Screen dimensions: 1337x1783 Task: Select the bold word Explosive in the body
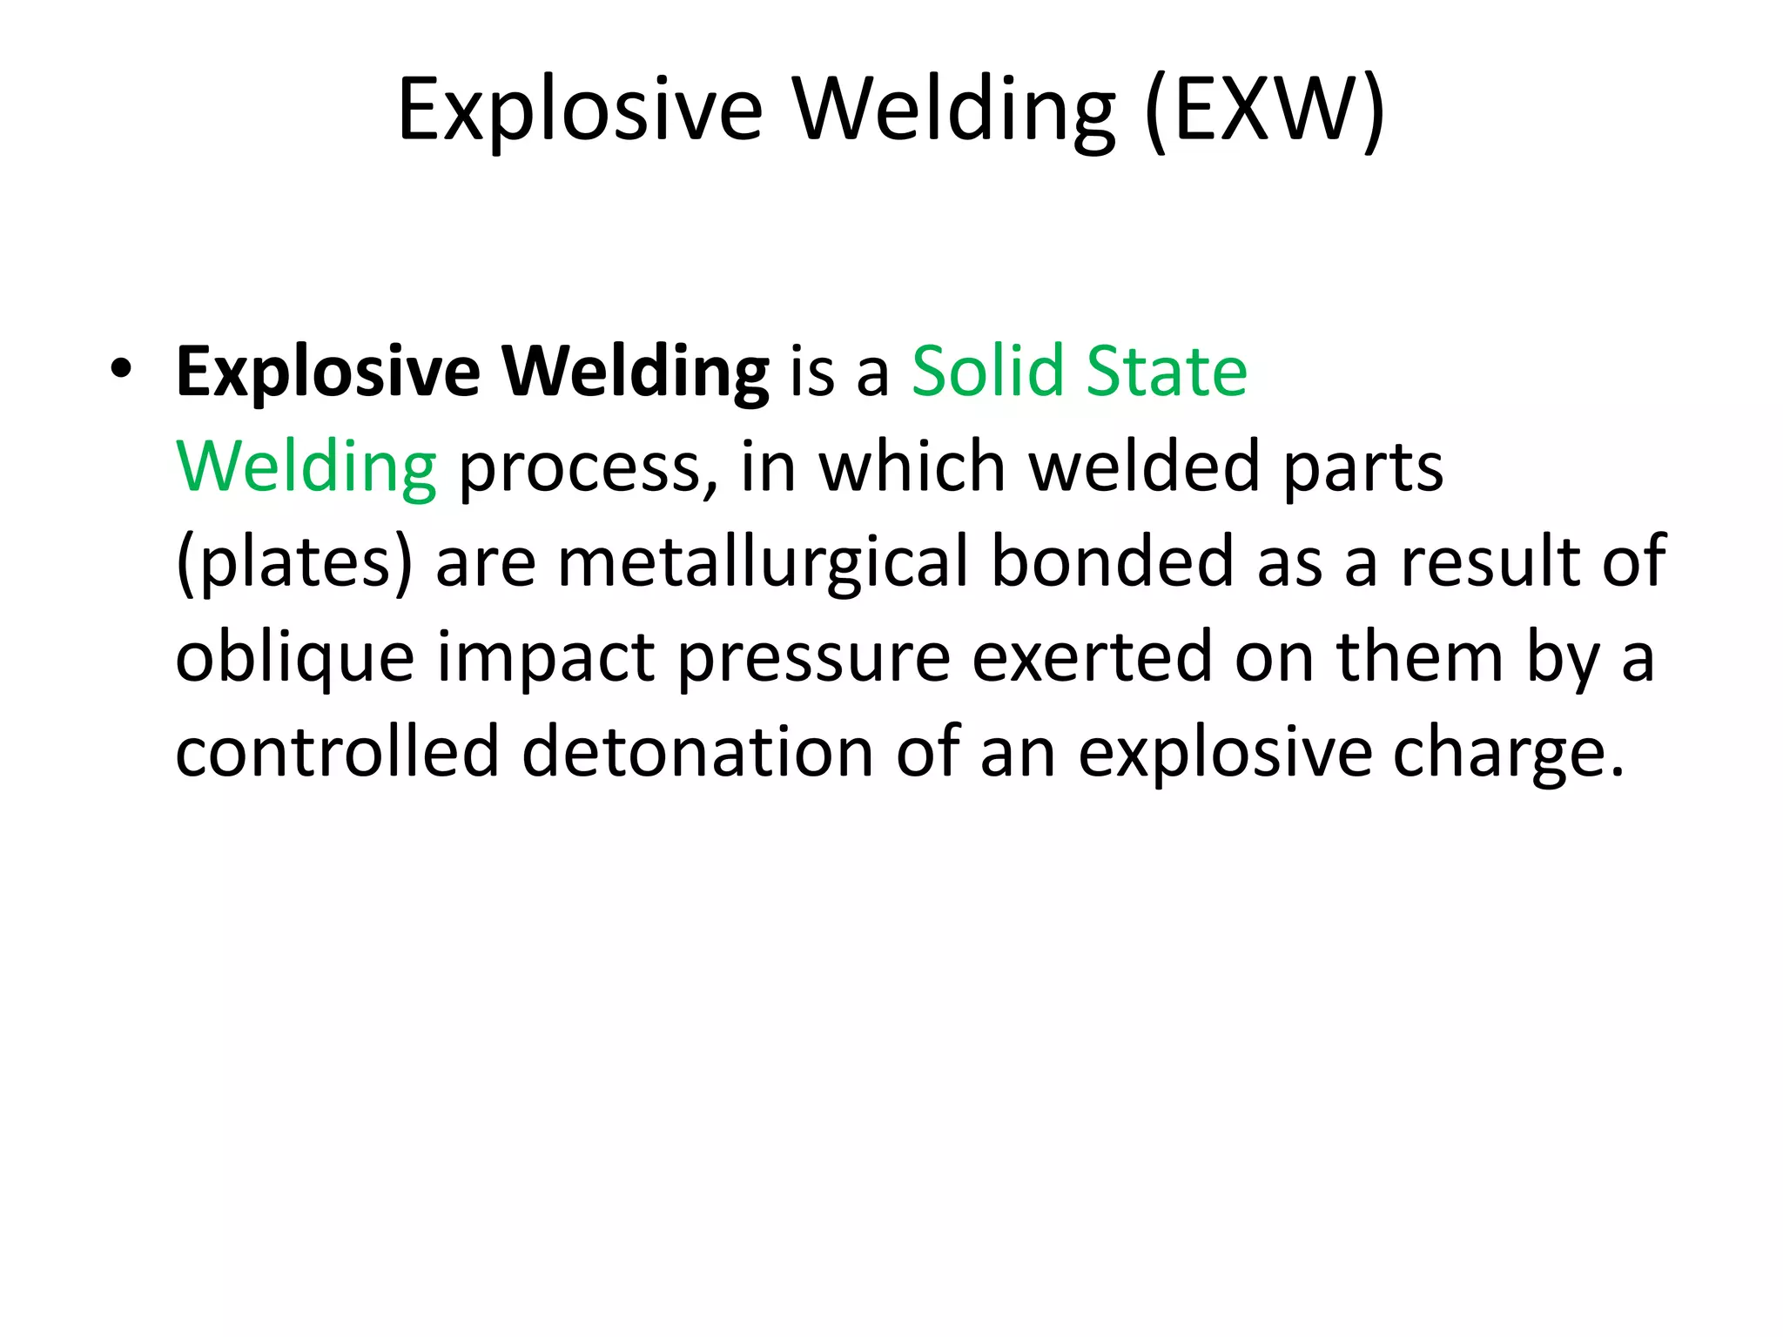tap(327, 373)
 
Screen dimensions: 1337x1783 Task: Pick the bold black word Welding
tap(636, 373)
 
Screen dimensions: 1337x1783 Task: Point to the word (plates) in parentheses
tap(293, 563)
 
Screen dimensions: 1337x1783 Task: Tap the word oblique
tap(294, 659)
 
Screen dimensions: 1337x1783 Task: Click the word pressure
tap(813, 659)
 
